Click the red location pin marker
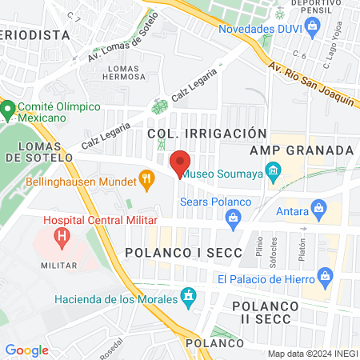(180, 162)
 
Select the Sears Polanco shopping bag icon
(234, 222)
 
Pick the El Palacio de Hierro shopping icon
(324, 278)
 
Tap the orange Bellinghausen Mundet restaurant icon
(146, 181)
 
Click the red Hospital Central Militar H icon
(60, 237)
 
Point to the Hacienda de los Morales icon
(189, 298)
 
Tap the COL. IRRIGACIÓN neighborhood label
(206, 133)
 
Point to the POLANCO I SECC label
(177, 254)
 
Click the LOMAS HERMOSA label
(124, 71)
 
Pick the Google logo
(26, 350)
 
